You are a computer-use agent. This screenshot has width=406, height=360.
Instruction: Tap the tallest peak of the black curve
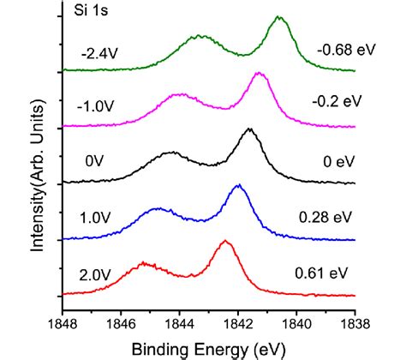click(x=249, y=129)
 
